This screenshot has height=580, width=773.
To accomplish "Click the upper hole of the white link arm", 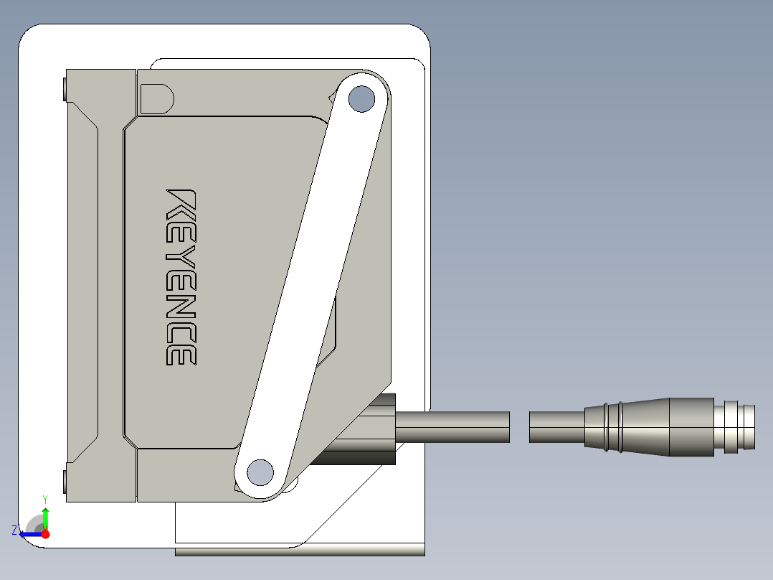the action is coord(361,99).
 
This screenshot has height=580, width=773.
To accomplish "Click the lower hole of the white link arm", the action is coord(260,472).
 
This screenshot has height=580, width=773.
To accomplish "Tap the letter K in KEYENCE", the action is coord(181,205).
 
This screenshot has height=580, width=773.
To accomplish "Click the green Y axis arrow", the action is coord(45,518).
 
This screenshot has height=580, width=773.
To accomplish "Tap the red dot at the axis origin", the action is coord(45,534).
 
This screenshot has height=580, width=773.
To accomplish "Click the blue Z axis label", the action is coord(15,530).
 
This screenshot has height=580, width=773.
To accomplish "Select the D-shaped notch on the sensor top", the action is coord(157,99).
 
